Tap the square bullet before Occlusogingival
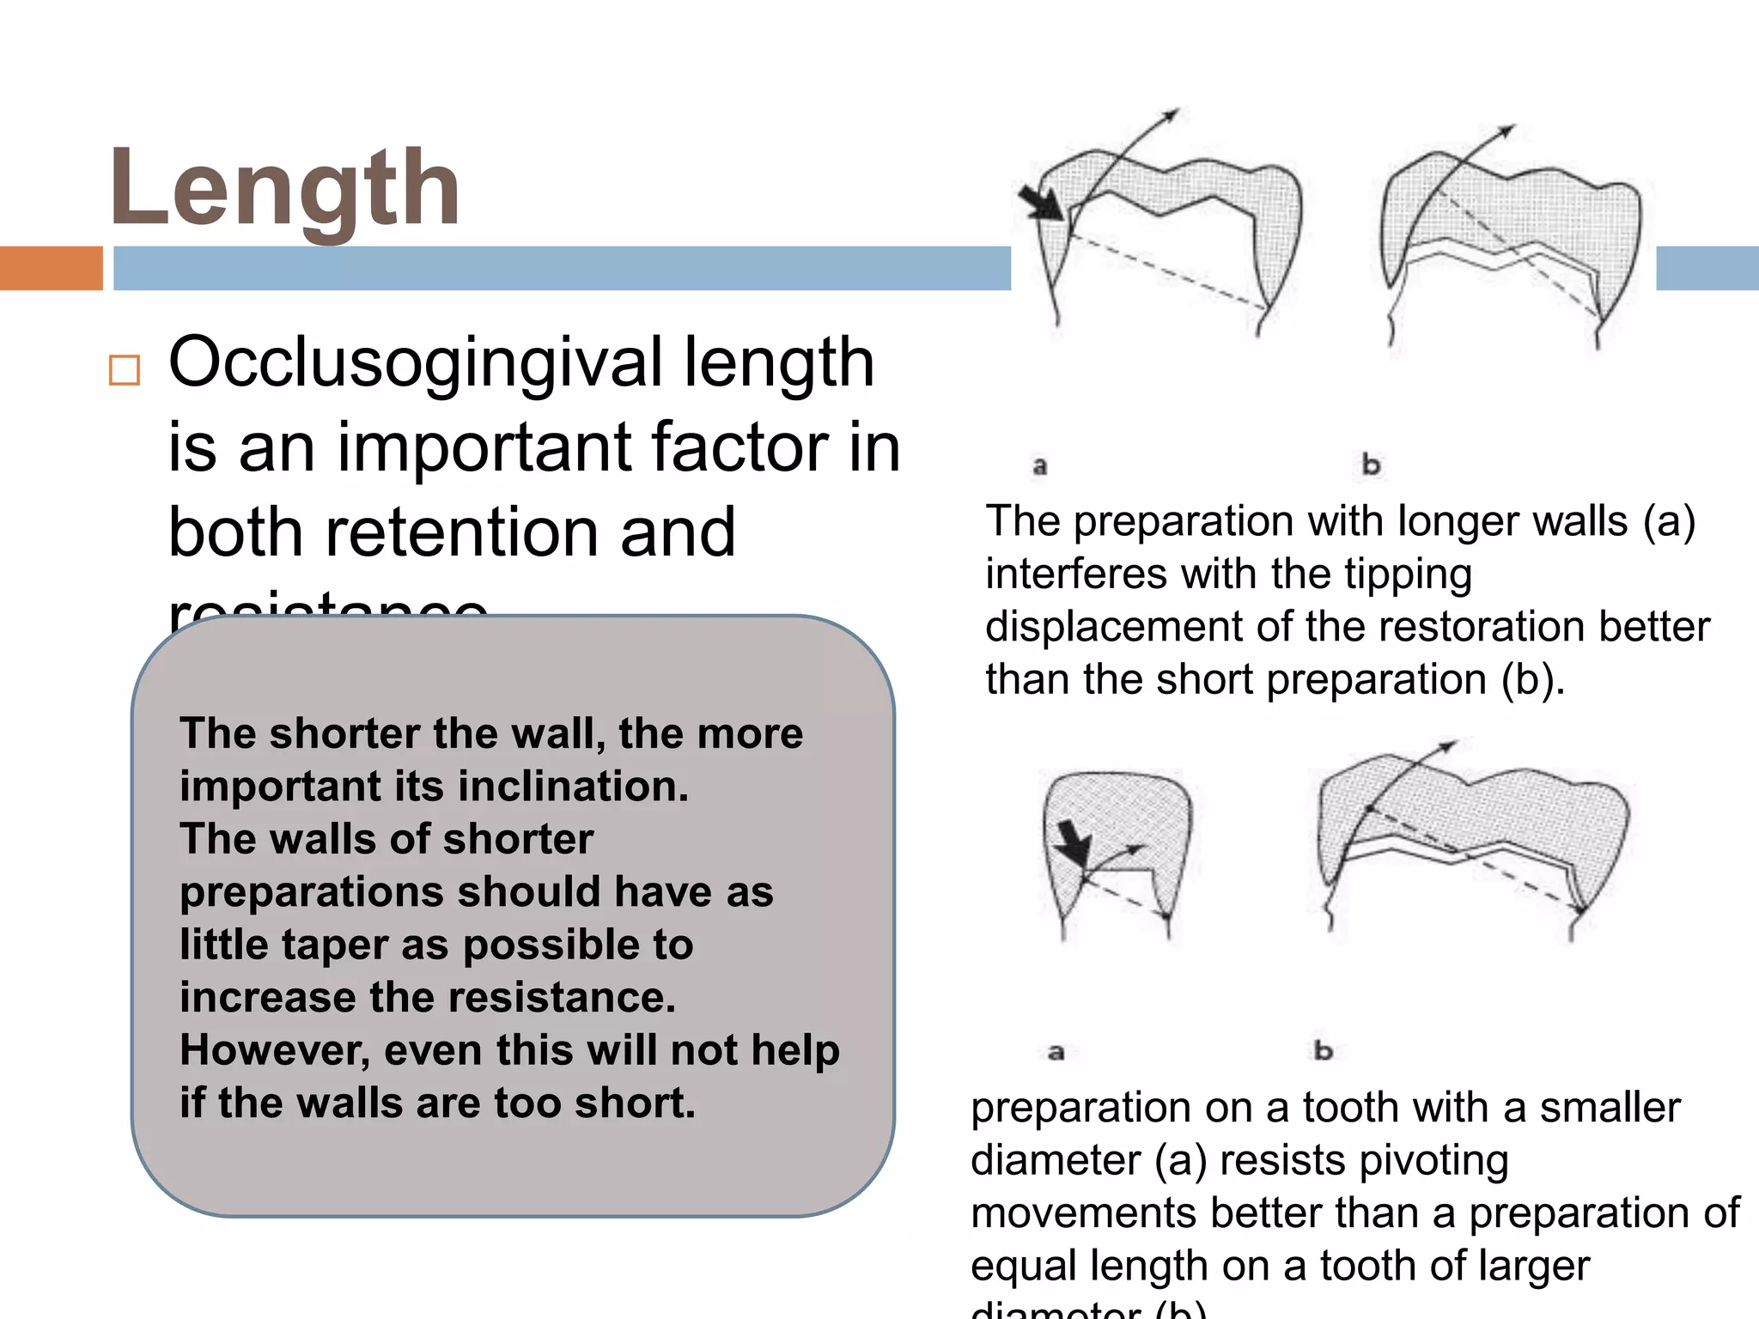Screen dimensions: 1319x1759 [125, 370]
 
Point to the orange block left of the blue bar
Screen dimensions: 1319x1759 [51, 268]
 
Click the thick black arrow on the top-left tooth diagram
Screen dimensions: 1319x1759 [1041, 203]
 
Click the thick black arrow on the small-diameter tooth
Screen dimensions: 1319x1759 [1073, 842]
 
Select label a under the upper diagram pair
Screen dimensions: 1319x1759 [1040, 466]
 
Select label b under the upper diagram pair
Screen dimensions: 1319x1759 [1371, 465]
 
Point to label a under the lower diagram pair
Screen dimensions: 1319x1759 [1056, 1051]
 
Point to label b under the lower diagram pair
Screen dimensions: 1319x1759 [1323, 1049]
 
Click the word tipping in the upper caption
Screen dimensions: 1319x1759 [1408, 574]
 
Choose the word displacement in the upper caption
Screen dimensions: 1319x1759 [1113, 627]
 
